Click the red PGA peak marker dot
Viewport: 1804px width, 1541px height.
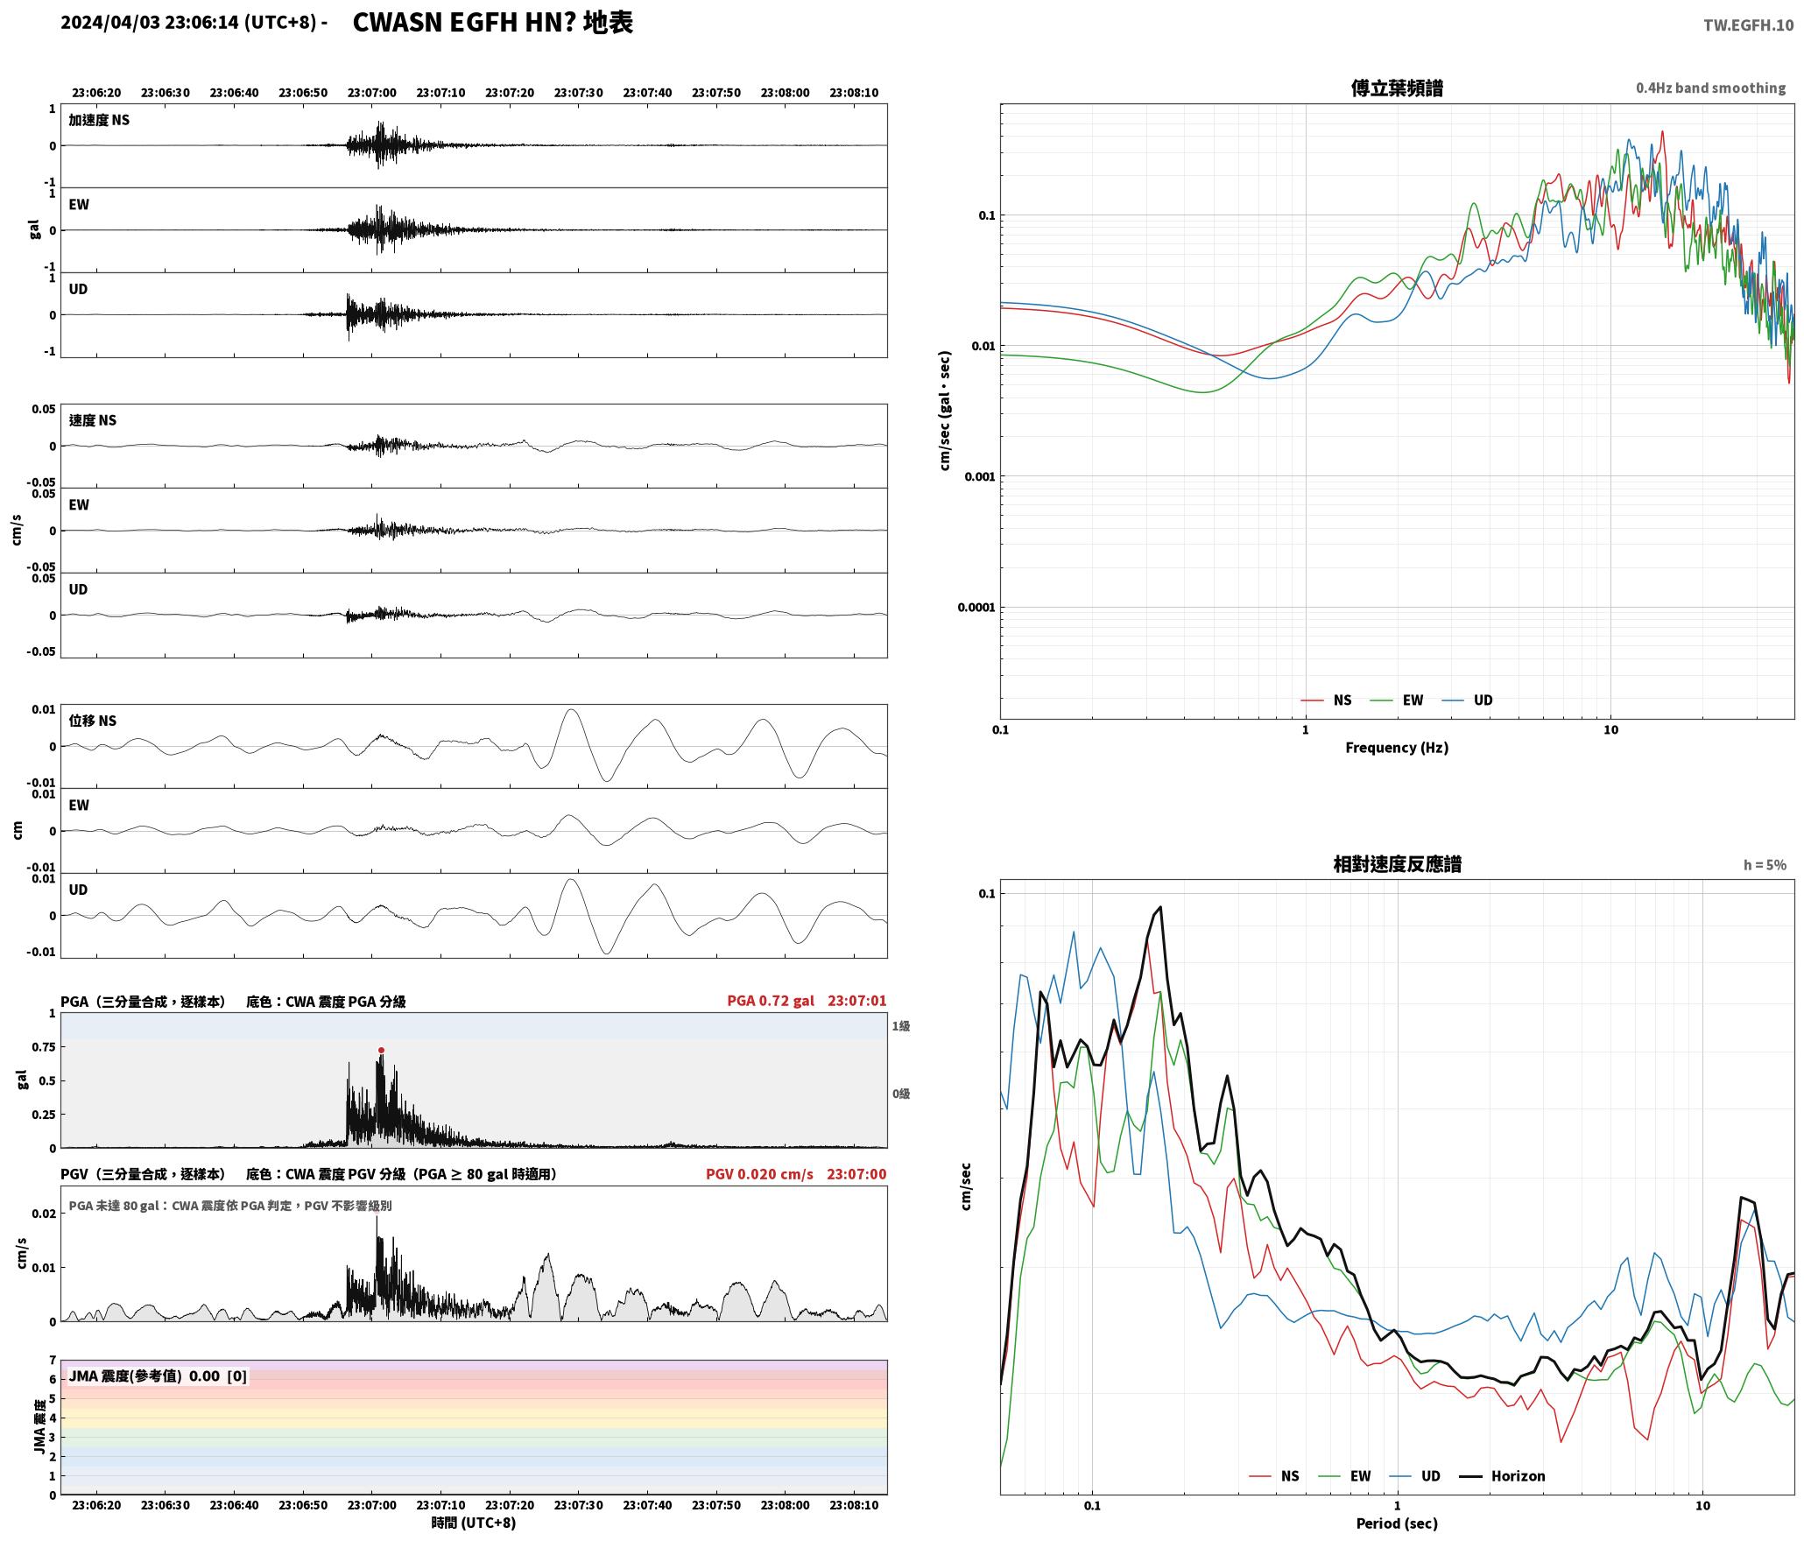pyautogui.click(x=381, y=1050)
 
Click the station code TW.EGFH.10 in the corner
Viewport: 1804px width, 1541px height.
pyautogui.click(x=1748, y=25)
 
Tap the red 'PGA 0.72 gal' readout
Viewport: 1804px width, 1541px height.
pyautogui.click(x=771, y=1001)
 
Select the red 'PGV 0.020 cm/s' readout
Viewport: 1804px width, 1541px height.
pyautogui.click(x=759, y=1174)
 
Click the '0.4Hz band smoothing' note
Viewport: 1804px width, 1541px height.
pyautogui.click(x=1710, y=88)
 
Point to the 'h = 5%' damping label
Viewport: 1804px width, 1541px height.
pyautogui.click(x=1765, y=865)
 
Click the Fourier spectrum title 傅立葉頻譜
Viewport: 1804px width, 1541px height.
pyautogui.click(x=1397, y=88)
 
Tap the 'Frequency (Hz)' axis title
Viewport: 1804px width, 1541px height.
pyautogui.click(x=1397, y=747)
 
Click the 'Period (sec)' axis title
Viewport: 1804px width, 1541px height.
pyautogui.click(x=1397, y=1523)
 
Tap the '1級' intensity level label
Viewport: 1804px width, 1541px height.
pyautogui.click(x=901, y=1026)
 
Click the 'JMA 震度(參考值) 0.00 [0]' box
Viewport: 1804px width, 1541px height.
pyautogui.click(x=158, y=1376)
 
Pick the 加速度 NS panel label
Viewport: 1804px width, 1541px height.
pyautogui.click(x=99, y=120)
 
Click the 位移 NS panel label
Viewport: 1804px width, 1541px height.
pyautogui.click(x=93, y=721)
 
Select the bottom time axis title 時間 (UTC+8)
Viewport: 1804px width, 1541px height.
pyautogui.click(x=474, y=1523)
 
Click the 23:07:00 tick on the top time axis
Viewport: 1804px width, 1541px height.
pyautogui.click(x=372, y=93)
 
